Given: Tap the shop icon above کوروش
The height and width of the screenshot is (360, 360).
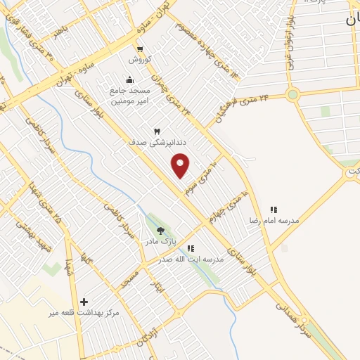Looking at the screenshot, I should point(140,49).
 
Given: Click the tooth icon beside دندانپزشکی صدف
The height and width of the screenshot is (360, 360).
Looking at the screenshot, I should point(157,131).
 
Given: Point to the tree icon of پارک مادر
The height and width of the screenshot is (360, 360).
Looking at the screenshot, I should point(161,231).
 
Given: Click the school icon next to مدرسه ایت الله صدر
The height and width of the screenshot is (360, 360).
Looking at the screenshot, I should point(190,247).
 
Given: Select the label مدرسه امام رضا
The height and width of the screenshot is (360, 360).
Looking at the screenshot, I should point(273,221).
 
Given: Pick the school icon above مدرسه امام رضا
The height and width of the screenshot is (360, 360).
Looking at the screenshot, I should point(274,210).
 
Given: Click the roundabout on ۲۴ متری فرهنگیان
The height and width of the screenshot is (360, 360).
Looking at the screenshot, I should point(292,94).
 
